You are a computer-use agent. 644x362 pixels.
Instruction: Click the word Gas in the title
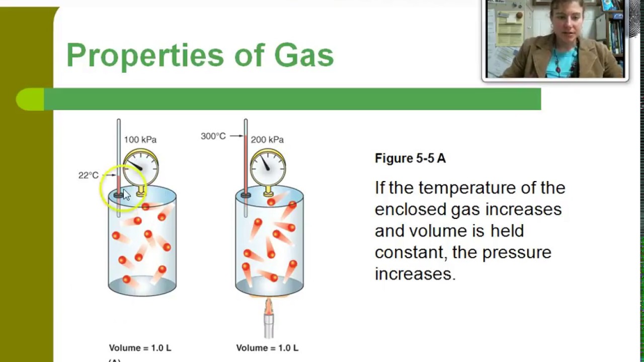click(304, 55)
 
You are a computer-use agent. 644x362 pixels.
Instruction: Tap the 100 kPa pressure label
click(140, 140)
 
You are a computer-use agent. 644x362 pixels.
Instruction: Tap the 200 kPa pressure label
click(267, 140)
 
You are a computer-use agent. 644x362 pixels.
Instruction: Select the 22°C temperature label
click(89, 175)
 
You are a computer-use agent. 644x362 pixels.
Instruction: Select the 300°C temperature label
click(213, 136)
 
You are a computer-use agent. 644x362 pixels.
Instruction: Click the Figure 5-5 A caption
click(410, 158)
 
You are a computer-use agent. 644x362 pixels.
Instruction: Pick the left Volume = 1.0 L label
click(140, 348)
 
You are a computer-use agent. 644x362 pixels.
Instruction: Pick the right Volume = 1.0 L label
click(267, 348)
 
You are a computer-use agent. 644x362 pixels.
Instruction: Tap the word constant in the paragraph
click(407, 252)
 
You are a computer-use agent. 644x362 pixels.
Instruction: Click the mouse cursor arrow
click(126, 195)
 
